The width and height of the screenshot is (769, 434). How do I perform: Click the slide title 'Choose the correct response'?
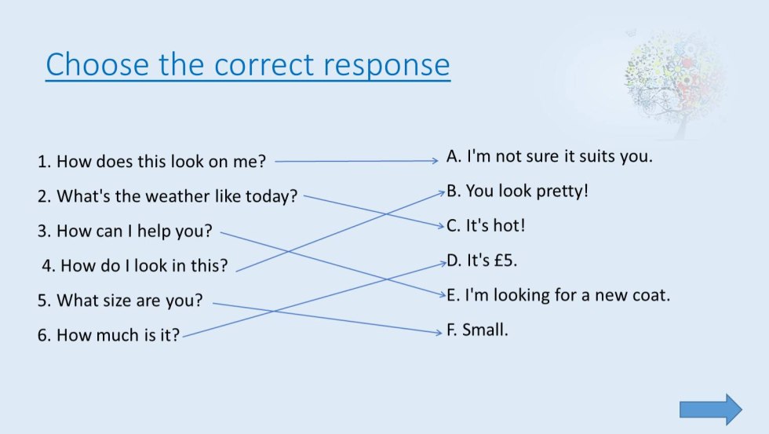point(247,64)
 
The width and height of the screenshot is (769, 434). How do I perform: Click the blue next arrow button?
point(710,409)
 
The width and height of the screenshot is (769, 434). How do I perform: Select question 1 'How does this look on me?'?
point(151,162)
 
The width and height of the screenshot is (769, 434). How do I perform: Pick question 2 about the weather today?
point(167,196)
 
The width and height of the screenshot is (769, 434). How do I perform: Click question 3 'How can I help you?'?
point(125,232)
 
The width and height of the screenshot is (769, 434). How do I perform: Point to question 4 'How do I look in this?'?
point(134,265)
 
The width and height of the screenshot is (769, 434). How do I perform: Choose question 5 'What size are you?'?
point(120,300)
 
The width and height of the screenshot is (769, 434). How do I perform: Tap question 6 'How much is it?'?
point(108,335)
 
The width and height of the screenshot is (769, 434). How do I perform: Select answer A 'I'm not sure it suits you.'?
point(549,156)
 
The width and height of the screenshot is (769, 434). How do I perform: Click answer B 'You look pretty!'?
point(517,191)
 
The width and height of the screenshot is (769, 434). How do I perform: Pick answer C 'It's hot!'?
point(486,226)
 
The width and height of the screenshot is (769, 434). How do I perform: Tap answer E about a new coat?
point(558,296)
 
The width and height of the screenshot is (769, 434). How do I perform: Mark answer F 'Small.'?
point(478,330)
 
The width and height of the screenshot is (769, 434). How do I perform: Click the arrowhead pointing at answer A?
point(434,161)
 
